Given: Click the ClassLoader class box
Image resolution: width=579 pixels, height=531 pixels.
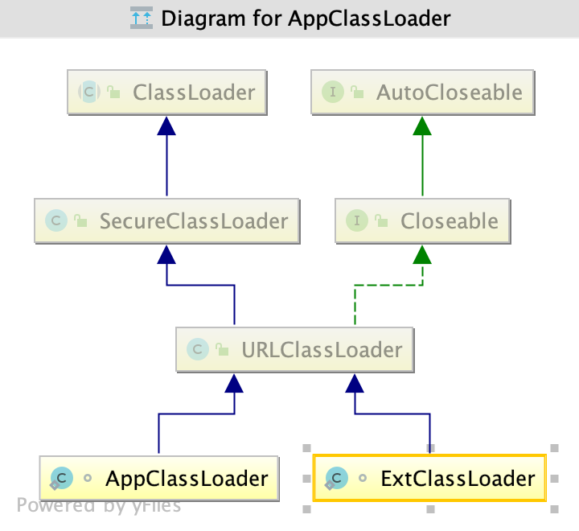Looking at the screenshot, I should tap(166, 92).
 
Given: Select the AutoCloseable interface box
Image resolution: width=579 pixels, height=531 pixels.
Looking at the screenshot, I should tap(422, 92).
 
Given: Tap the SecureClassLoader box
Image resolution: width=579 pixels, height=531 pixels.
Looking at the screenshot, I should tap(166, 220).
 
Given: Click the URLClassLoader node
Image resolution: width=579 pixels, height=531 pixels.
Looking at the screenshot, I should tap(294, 350).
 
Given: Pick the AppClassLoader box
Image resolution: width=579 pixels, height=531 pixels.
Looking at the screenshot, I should tap(158, 479).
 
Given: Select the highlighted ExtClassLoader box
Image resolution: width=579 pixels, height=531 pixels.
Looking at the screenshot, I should tap(429, 479).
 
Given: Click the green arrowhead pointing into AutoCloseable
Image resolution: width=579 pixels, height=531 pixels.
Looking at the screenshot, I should tap(422, 125).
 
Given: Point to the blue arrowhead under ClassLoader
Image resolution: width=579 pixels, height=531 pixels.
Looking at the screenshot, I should tap(166, 125).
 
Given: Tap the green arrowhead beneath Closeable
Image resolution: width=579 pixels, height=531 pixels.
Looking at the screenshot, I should tap(422, 254).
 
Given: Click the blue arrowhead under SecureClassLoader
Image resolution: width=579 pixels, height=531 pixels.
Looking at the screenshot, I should tap(166, 254).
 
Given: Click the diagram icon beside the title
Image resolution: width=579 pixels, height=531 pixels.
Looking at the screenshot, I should tap(141, 18).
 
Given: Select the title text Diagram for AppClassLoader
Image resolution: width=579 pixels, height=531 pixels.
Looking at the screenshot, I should tap(306, 18).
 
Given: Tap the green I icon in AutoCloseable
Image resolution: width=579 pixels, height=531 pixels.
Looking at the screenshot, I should tap(333, 92).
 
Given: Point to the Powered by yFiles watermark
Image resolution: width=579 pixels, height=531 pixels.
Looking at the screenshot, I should tap(99, 505).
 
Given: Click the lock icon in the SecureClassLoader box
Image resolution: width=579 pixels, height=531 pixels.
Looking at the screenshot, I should tap(80, 221).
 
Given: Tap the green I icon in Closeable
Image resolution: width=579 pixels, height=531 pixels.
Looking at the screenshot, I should tap(357, 220).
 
